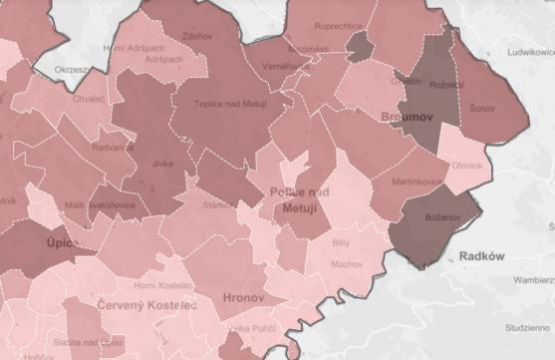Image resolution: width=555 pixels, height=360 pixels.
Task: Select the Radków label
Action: point(483,256)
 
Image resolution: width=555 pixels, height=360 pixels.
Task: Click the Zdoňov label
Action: point(197,36)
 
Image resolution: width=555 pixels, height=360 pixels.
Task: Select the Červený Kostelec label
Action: point(147,304)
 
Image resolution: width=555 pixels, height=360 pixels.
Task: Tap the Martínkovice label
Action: point(417,180)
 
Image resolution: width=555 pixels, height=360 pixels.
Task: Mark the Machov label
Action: point(348,264)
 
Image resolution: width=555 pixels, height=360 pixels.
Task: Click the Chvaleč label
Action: point(88,99)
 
